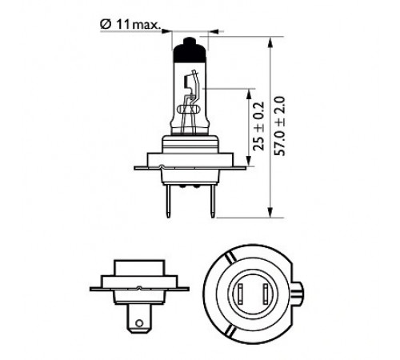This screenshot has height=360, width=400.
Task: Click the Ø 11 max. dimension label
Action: click(x=130, y=25)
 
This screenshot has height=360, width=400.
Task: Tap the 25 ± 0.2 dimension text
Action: click(x=258, y=126)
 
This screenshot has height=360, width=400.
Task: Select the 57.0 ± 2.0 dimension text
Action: click(x=280, y=126)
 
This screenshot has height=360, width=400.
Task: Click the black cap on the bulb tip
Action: click(x=189, y=50)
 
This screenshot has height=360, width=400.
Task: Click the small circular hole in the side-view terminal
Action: click(x=139, y=323)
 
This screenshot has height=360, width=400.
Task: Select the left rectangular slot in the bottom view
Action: click(x=241, y=294)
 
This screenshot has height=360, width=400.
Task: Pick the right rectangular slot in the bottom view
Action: click(x=266, y=294)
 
